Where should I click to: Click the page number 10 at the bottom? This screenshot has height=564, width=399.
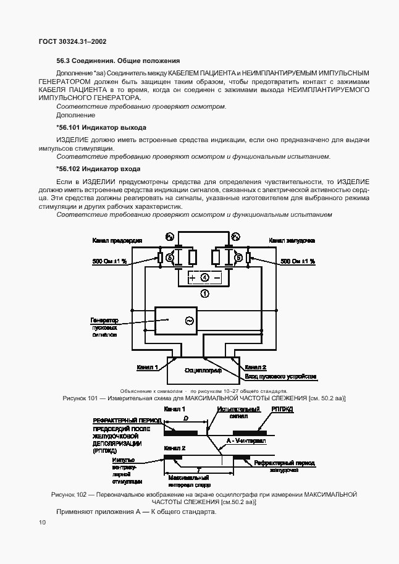point(41,523)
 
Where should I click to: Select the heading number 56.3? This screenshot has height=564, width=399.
point(64,61)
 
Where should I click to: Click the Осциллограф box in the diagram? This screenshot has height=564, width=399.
point(203,369)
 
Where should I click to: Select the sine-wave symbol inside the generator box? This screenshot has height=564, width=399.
point(189,321)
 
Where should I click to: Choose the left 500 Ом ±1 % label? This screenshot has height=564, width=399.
point(109,261)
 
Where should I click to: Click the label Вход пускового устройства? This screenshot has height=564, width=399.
point(280,376)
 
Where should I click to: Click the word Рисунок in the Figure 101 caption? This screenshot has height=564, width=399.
point(77,399)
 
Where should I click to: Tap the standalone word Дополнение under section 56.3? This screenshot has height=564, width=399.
point(75,115)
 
